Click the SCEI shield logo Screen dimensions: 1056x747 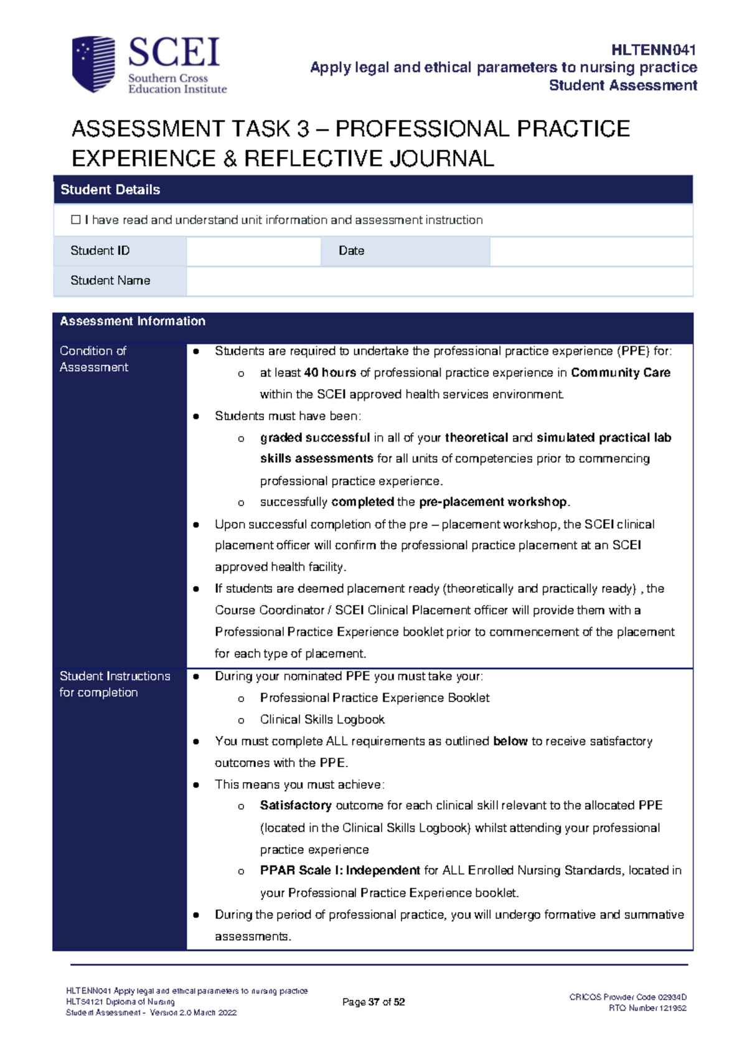(x=93, y=64)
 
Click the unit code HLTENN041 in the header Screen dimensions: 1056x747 (x=653, y=50)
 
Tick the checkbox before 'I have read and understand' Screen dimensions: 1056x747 (x=76, y=220)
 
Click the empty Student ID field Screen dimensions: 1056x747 (x=253, y=251)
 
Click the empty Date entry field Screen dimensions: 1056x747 (x=591, y=251)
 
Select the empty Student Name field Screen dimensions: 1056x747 (x=439, y=281)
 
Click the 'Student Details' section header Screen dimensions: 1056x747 (x=110, y=190)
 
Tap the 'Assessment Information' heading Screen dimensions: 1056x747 (x=133, y=321)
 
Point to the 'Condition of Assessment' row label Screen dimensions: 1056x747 (x=93, y=359)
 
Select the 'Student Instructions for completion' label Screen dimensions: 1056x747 (x=115, y=684)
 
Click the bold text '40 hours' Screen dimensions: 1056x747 (x=330, y=373)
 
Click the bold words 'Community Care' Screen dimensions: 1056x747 (x=621, y=373)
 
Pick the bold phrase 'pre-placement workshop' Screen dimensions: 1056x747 (x=493, y=502)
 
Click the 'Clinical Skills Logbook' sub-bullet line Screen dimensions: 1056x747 (x=322, y=720)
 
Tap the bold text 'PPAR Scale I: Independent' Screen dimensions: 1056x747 (x=340, y=870)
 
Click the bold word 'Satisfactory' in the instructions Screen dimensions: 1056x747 (x=296, y=806)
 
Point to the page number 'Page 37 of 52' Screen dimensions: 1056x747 (x=374, y=1002)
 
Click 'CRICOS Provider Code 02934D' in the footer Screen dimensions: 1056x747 (x=627, y=997)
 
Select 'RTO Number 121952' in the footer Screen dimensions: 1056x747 (x=647, y=1008)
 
